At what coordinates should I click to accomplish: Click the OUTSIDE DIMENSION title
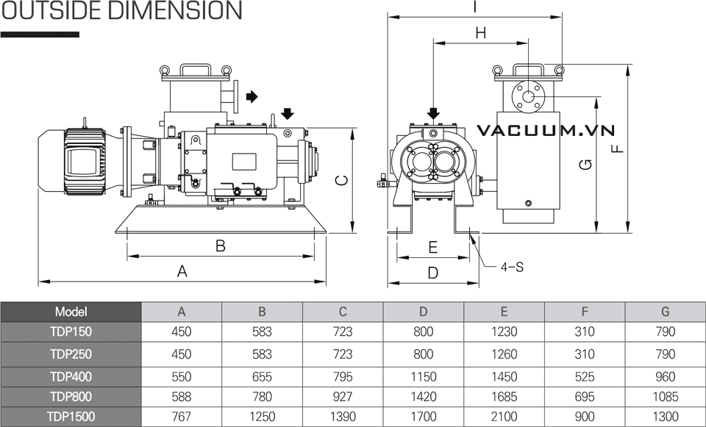(121, 11)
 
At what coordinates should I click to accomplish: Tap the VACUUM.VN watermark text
(545, 131)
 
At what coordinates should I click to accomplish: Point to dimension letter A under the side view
(182, 271)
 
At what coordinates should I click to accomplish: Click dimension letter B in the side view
(220, 246)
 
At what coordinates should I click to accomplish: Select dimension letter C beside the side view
(340, 180)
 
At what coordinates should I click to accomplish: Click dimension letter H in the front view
(481, 32)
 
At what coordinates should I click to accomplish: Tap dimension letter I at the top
(475, 7)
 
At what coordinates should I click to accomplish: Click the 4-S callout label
(512, 267)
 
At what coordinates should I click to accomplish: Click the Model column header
(71, 312)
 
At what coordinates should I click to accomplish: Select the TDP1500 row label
(71, 417)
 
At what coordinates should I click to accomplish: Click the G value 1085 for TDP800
(665, 397)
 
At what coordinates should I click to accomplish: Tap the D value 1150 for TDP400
(423, 377)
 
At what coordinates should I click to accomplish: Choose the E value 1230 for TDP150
(504, 331)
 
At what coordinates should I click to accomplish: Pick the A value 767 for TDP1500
(181, 417)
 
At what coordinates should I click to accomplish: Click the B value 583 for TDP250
(262, 354)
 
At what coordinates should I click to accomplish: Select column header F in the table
(585, 312)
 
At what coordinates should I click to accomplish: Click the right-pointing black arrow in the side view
(252, 96)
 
